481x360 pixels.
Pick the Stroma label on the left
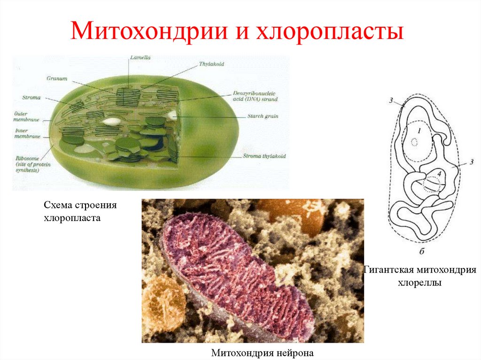(x=31, y=98)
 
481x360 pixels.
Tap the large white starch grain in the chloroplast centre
(x=112, y=121)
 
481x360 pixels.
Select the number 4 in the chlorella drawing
(x=440, y=173)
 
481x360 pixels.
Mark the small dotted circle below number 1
(x=414, y=142)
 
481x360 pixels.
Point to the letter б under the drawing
(x=421, y=253)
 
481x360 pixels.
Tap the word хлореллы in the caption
(x=420, y=283)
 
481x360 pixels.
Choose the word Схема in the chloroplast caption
(x=57, y=206)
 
